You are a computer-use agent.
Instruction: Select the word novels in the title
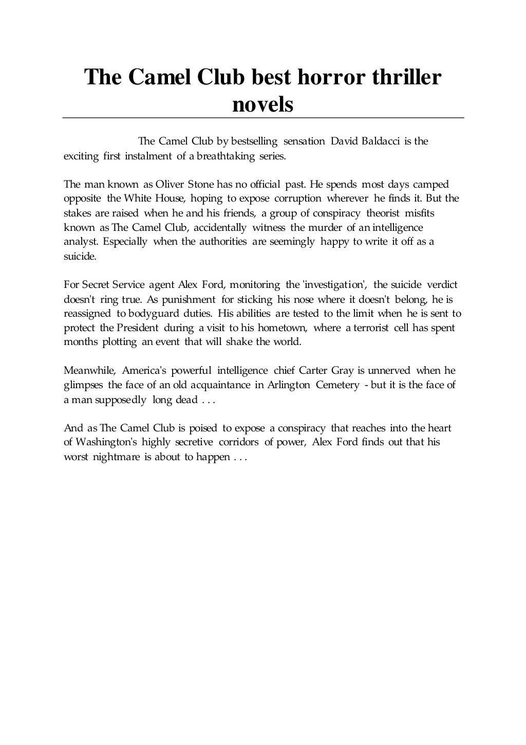pyautogui.click(x=263, y=105)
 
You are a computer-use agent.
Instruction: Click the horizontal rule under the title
pyautogui.click(x=263, y=118)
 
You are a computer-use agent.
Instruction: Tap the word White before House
pyautogui.click(x=137, y=198)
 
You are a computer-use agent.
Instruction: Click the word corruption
pyautogui.click(x=297, y=198)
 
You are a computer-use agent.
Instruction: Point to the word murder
pyautogui.click(x=327, y=227)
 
